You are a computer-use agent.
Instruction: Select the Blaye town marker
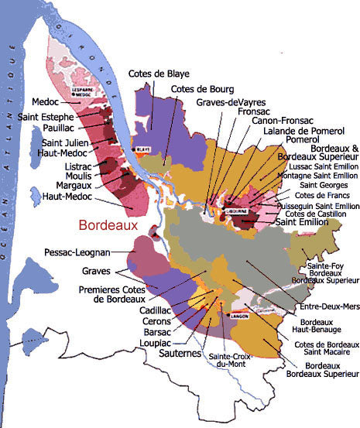(142, 150)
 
